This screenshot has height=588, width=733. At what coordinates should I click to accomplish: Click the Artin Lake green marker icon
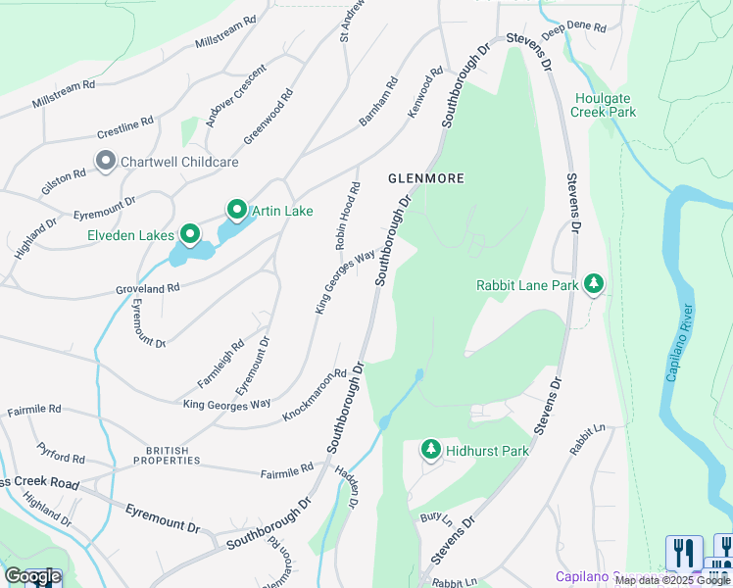coord(236,210)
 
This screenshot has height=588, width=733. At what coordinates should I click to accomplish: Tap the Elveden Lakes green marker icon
coord(189,234)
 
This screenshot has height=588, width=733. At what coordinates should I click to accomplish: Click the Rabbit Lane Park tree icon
coord(593,284)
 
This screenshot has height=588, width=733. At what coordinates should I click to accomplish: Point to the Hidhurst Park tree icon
coord(430,450)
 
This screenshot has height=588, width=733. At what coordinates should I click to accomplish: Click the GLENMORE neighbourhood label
coord(424,178)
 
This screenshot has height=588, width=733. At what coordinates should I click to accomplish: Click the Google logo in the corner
coord(32,576)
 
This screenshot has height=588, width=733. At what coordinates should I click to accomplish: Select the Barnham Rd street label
coord(375,104)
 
